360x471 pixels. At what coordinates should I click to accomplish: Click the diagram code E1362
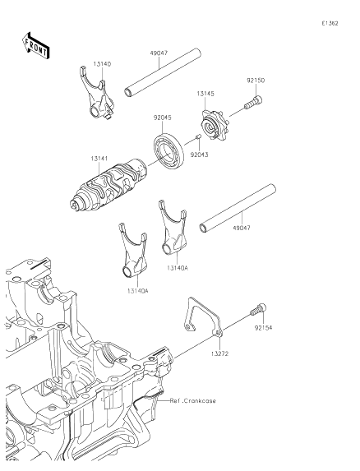tap(330, 24)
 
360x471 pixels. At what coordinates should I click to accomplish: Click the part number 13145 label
tap(205, 95)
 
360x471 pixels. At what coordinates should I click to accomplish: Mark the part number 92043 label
tap(200, 153)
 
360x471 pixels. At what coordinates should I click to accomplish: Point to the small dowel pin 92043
tap(200, 136)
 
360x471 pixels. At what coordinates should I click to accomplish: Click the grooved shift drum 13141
tap(107, 186)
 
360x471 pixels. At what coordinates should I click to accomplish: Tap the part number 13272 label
tap(218, 353)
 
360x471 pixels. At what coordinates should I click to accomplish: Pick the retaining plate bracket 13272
tap(202, 321)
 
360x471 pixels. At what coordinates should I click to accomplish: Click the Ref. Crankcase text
tap(193, 400)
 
